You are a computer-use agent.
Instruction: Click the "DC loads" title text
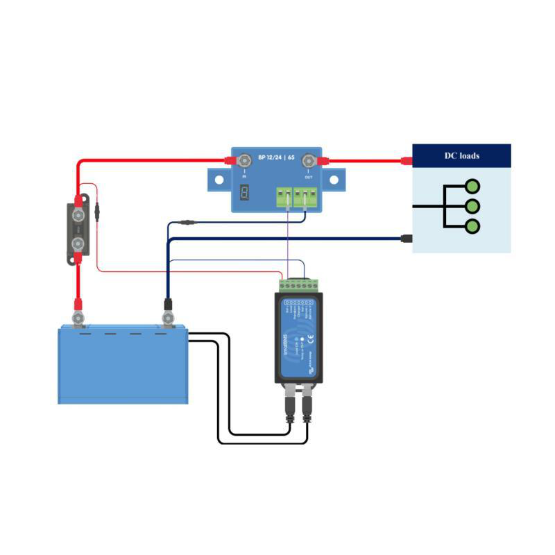(x=461, y=155)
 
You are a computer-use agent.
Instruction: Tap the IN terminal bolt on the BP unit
(x=244, y=162)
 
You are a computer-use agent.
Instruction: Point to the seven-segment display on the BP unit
(x=244, y=194)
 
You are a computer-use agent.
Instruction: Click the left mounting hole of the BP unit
(x=219, y=179)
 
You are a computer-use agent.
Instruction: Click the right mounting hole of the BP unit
(x=334, y=179)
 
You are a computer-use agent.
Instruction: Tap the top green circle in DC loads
(x=472, y=186)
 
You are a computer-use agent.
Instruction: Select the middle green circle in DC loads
(x=472, y=206)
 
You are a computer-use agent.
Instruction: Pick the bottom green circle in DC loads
(x=472, y=226)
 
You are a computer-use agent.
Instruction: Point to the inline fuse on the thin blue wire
(x=187, y=223)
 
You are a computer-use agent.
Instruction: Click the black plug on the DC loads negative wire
(x=407, y=239)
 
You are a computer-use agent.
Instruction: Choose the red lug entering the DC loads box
(x=407, y=162)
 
